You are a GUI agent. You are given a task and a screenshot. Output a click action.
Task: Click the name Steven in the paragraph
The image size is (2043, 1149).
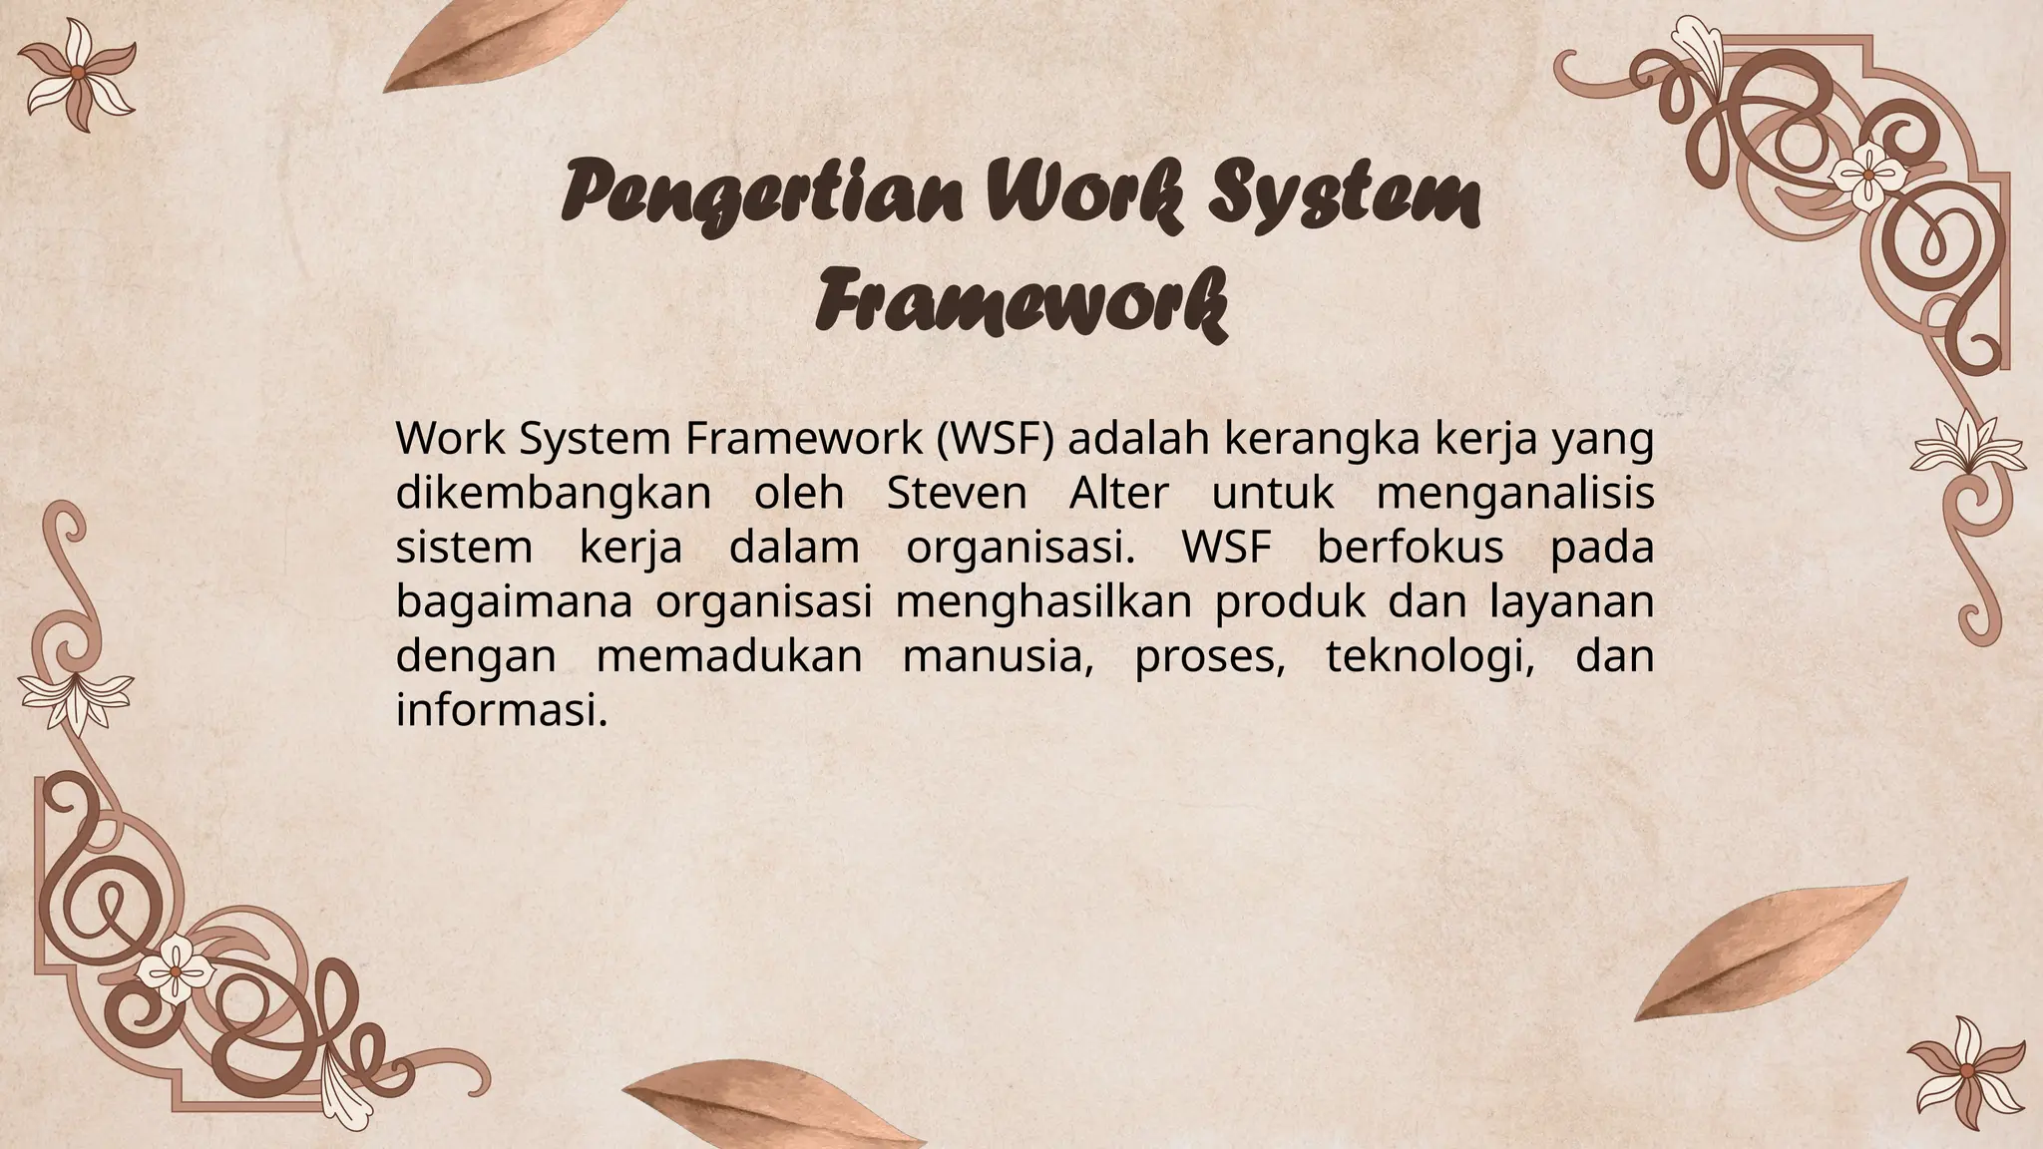tap(956, 494)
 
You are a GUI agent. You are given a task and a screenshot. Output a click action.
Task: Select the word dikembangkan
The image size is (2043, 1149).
tap(553, 494)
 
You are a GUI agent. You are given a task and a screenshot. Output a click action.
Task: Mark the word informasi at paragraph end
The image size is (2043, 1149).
tap(501, 711)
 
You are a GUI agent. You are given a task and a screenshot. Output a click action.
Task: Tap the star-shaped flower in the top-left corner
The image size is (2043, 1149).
tap(77, 74)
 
